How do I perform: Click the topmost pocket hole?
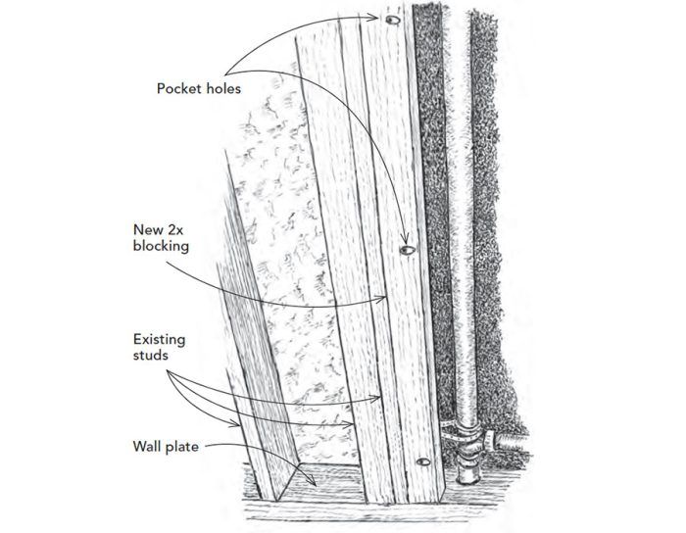tap(392, 21)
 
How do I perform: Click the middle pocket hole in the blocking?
tap(408, 250)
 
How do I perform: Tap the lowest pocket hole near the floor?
tap(423, 461)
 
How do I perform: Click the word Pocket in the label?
tap(178, 89)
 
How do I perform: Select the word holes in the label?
tap(222, 89)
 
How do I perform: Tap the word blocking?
tap(161, 247)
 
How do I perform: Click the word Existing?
tap(159, 339)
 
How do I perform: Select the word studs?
tap(151, 355)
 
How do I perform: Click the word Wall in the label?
tap(146, 447)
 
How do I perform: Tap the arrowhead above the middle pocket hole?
tap(405, 240)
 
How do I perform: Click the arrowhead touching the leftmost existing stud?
tap(235, 423)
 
